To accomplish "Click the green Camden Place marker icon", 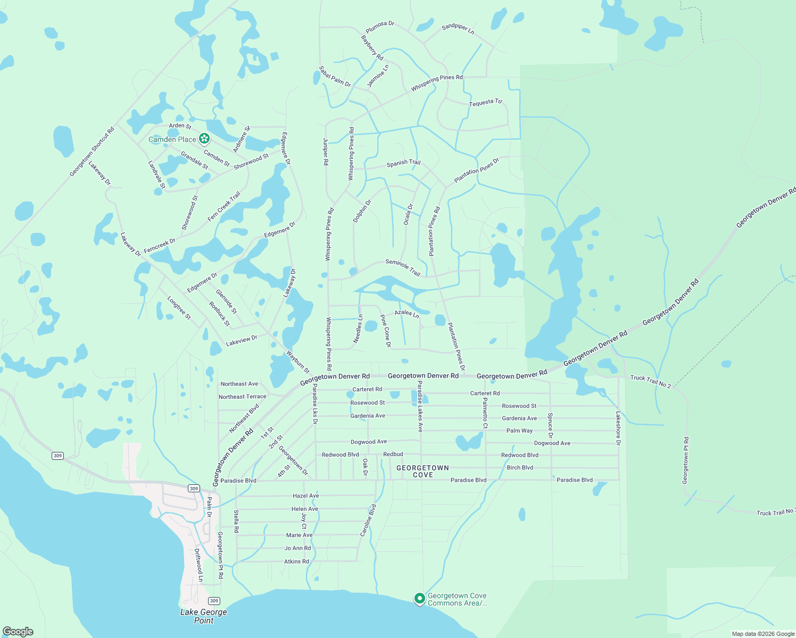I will tap(204, 139).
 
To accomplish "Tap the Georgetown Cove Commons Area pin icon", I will tap(419, 599).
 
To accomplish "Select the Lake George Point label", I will tap(203, 616).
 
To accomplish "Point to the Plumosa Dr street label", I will tap(380, 27).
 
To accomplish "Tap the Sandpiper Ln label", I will tap(458, 29).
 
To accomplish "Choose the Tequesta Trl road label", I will tap(485, 102).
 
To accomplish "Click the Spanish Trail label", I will tap(403, 163).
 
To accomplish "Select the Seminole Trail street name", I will tap(403, 267).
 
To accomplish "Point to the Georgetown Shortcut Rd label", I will tap(92, 152).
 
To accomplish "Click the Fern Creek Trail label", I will tap(224, 206).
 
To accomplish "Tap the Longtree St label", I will tap(179, 308).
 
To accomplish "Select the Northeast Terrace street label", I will tap(242, 397).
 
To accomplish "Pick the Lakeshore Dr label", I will tap(618, 428).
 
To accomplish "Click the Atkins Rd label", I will tap(296, 561).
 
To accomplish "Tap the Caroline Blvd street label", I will tap(368, 520).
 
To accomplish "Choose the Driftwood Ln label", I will tap(198, 565).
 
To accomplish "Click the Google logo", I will tap(18, 632).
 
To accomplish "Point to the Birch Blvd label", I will tap(520, 468).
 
